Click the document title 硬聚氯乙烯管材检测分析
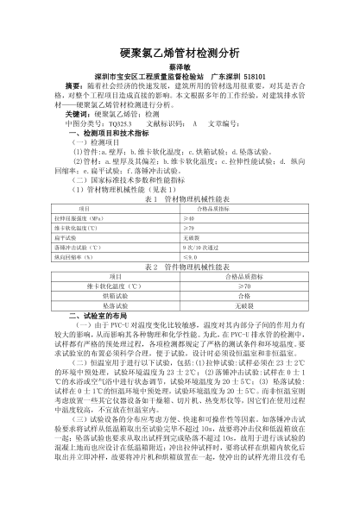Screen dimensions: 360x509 pos(180,53)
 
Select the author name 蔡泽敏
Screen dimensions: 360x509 pos(180,67)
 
